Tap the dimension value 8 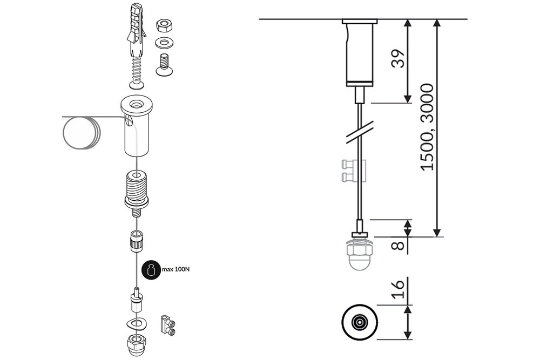click(x=399, y=245)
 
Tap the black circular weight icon click(x=152, y=270)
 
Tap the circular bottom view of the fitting click(x=358, y=323)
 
